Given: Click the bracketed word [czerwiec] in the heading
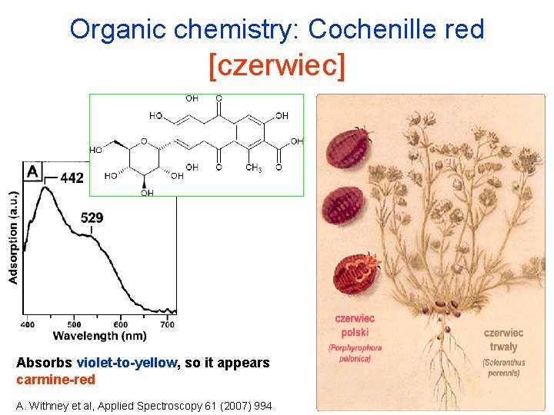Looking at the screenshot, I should click(277, 65).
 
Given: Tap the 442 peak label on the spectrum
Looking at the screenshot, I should click(72, 178).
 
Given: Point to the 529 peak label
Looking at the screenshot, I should click(92, 218).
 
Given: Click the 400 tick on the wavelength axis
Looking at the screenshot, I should click(27, 324).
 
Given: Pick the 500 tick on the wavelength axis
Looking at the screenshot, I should click(75, 324).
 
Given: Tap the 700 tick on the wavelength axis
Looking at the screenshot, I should click(167, 324).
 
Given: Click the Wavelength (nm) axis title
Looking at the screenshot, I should click(99, 336).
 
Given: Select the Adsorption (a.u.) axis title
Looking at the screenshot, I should click(14, 237).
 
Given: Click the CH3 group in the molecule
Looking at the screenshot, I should click(254, 168).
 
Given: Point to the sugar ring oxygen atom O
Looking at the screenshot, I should click(143, 141).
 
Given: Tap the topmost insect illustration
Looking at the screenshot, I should click(349, 145).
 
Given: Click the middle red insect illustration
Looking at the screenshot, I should click(342, 207).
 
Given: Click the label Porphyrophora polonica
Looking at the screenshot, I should click(355, 353).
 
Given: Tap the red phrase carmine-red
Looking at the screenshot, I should click(55, 380).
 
